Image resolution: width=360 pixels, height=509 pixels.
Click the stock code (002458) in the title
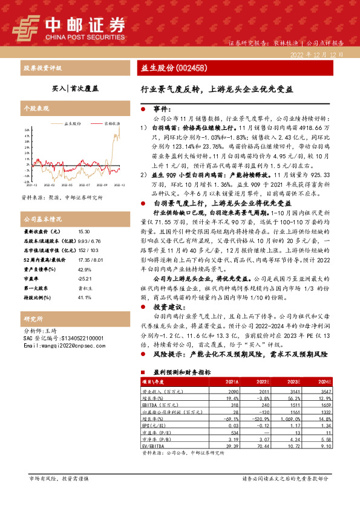tap(192, 68)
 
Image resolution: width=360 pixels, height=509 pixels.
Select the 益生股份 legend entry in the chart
tap(73, 123)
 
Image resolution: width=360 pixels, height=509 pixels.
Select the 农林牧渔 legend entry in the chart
tap(110, 123)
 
